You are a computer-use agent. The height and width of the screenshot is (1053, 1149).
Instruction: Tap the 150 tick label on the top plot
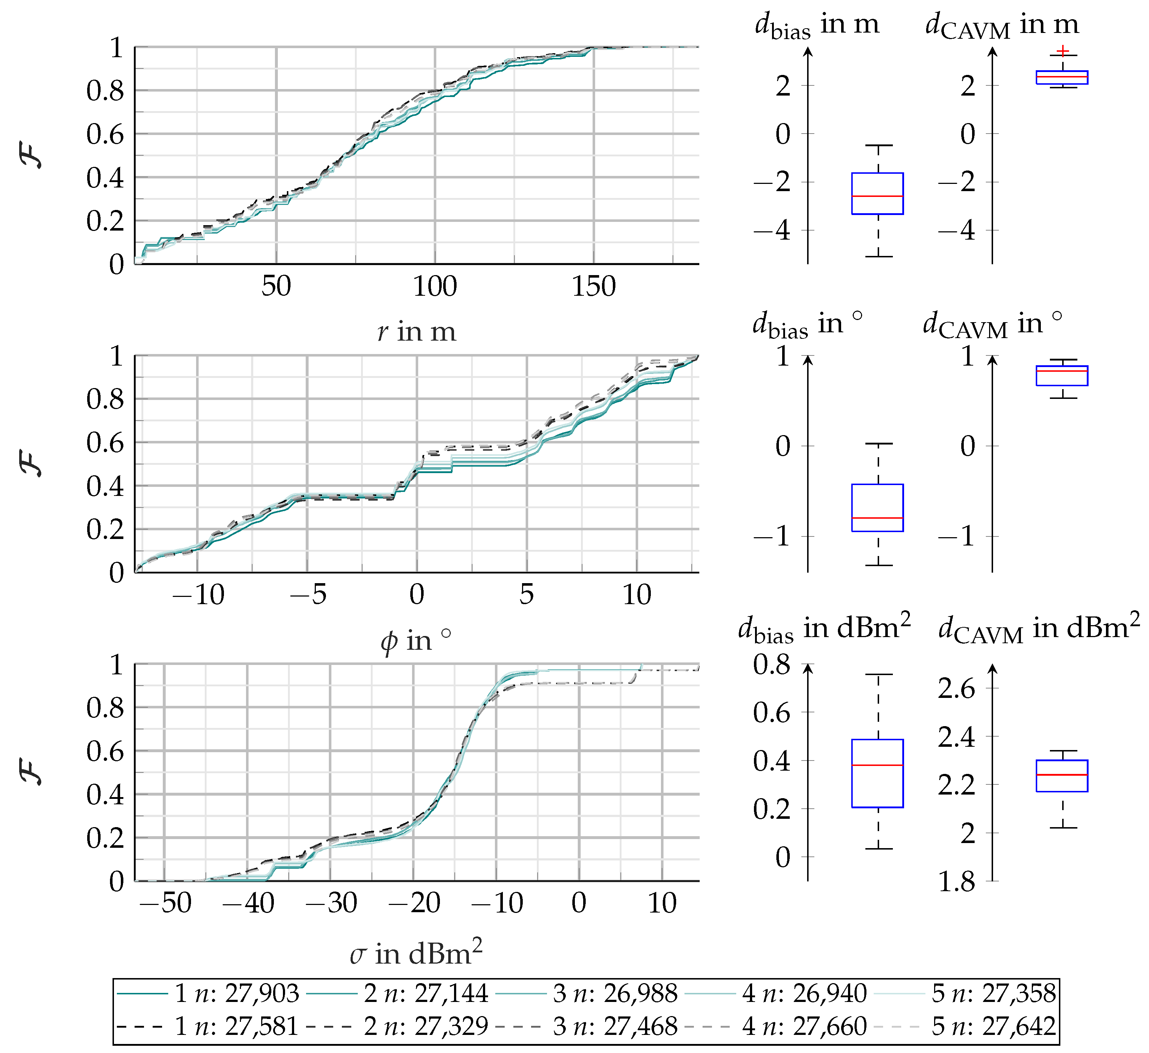click(x=594, y=286)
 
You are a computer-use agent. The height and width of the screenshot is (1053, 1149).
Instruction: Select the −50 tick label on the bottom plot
click(x=165, y=903)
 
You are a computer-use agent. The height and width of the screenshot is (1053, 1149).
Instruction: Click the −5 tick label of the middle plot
click(x=308, y=595)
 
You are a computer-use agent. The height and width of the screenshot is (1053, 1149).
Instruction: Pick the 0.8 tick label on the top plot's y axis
click(x=105, y=90)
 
